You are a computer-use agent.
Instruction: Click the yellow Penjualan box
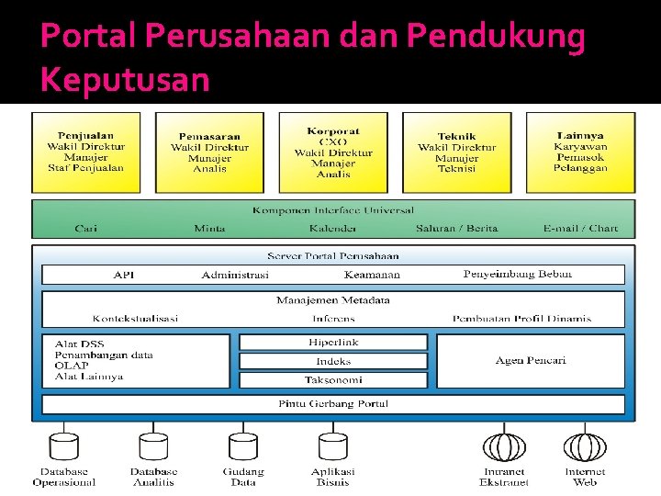click(85, 152)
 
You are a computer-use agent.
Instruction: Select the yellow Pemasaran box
click(209, 152)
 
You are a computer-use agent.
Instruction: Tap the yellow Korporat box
click(333, 152)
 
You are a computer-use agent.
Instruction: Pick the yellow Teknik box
click(456, 152)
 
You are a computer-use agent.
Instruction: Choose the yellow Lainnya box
click(580, 152)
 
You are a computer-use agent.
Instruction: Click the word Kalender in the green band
click(332, 228)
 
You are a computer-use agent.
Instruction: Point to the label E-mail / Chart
click(580, 228)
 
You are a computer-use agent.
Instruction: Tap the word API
click(124, 275)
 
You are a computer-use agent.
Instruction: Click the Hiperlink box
click(333, 343)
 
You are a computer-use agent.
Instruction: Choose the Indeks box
click(333, 361)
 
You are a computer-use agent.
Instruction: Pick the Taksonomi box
click(333, 379)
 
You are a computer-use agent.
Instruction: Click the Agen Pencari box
click(531, 360)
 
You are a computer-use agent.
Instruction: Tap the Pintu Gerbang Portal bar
click(333, 404)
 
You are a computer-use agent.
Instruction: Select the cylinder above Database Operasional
click(63, 445)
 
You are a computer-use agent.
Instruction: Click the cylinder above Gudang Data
click(242, 445)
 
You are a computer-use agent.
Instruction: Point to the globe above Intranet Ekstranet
click(504, 445)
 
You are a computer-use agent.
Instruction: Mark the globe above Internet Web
click(585, 445)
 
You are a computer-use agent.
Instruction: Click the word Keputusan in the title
click(125, 80)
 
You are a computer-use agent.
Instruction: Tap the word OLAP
click(72, 365)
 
